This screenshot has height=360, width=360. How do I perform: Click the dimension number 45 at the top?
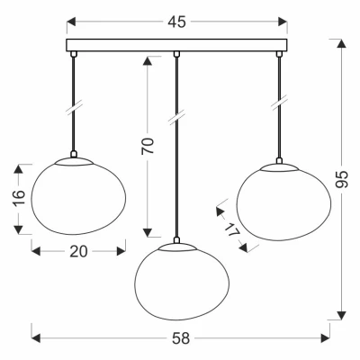pos(177,22)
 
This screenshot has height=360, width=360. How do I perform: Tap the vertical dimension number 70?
pos(148,144)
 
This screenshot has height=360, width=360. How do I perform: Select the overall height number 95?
pos(340,179)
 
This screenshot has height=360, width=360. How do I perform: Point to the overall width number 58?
pos(180,339)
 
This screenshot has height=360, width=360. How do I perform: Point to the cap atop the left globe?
pos(74,159)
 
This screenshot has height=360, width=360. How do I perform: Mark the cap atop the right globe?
pos(278,167)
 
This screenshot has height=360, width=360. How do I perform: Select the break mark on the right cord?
pos(278,103)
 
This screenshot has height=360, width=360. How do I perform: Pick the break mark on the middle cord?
pos(178,115)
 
